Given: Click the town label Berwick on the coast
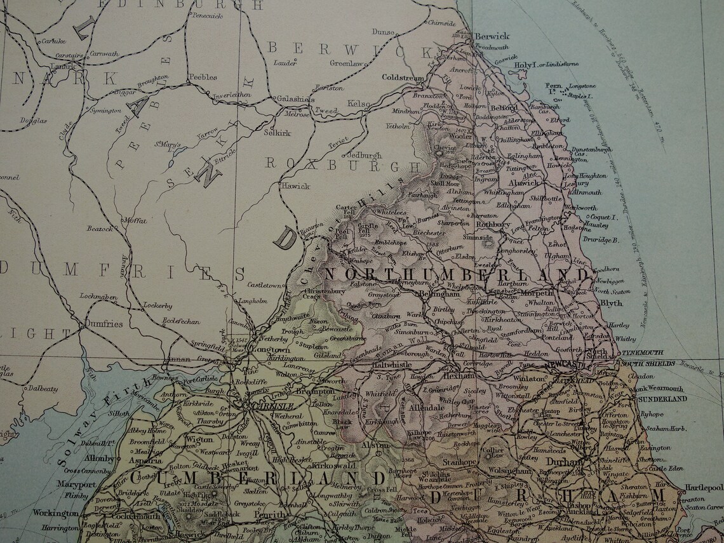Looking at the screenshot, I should coord(488,37).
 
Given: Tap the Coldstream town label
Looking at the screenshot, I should coord(403,77).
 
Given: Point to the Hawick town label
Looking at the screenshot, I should coord(296,186).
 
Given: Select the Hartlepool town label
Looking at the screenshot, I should coord(704,488).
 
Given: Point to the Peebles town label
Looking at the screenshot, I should coord(203,77).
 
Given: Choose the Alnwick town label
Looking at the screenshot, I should coord(524,182).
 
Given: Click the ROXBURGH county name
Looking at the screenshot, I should coord(342,163).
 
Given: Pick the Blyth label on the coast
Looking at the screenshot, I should coord(611,304).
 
